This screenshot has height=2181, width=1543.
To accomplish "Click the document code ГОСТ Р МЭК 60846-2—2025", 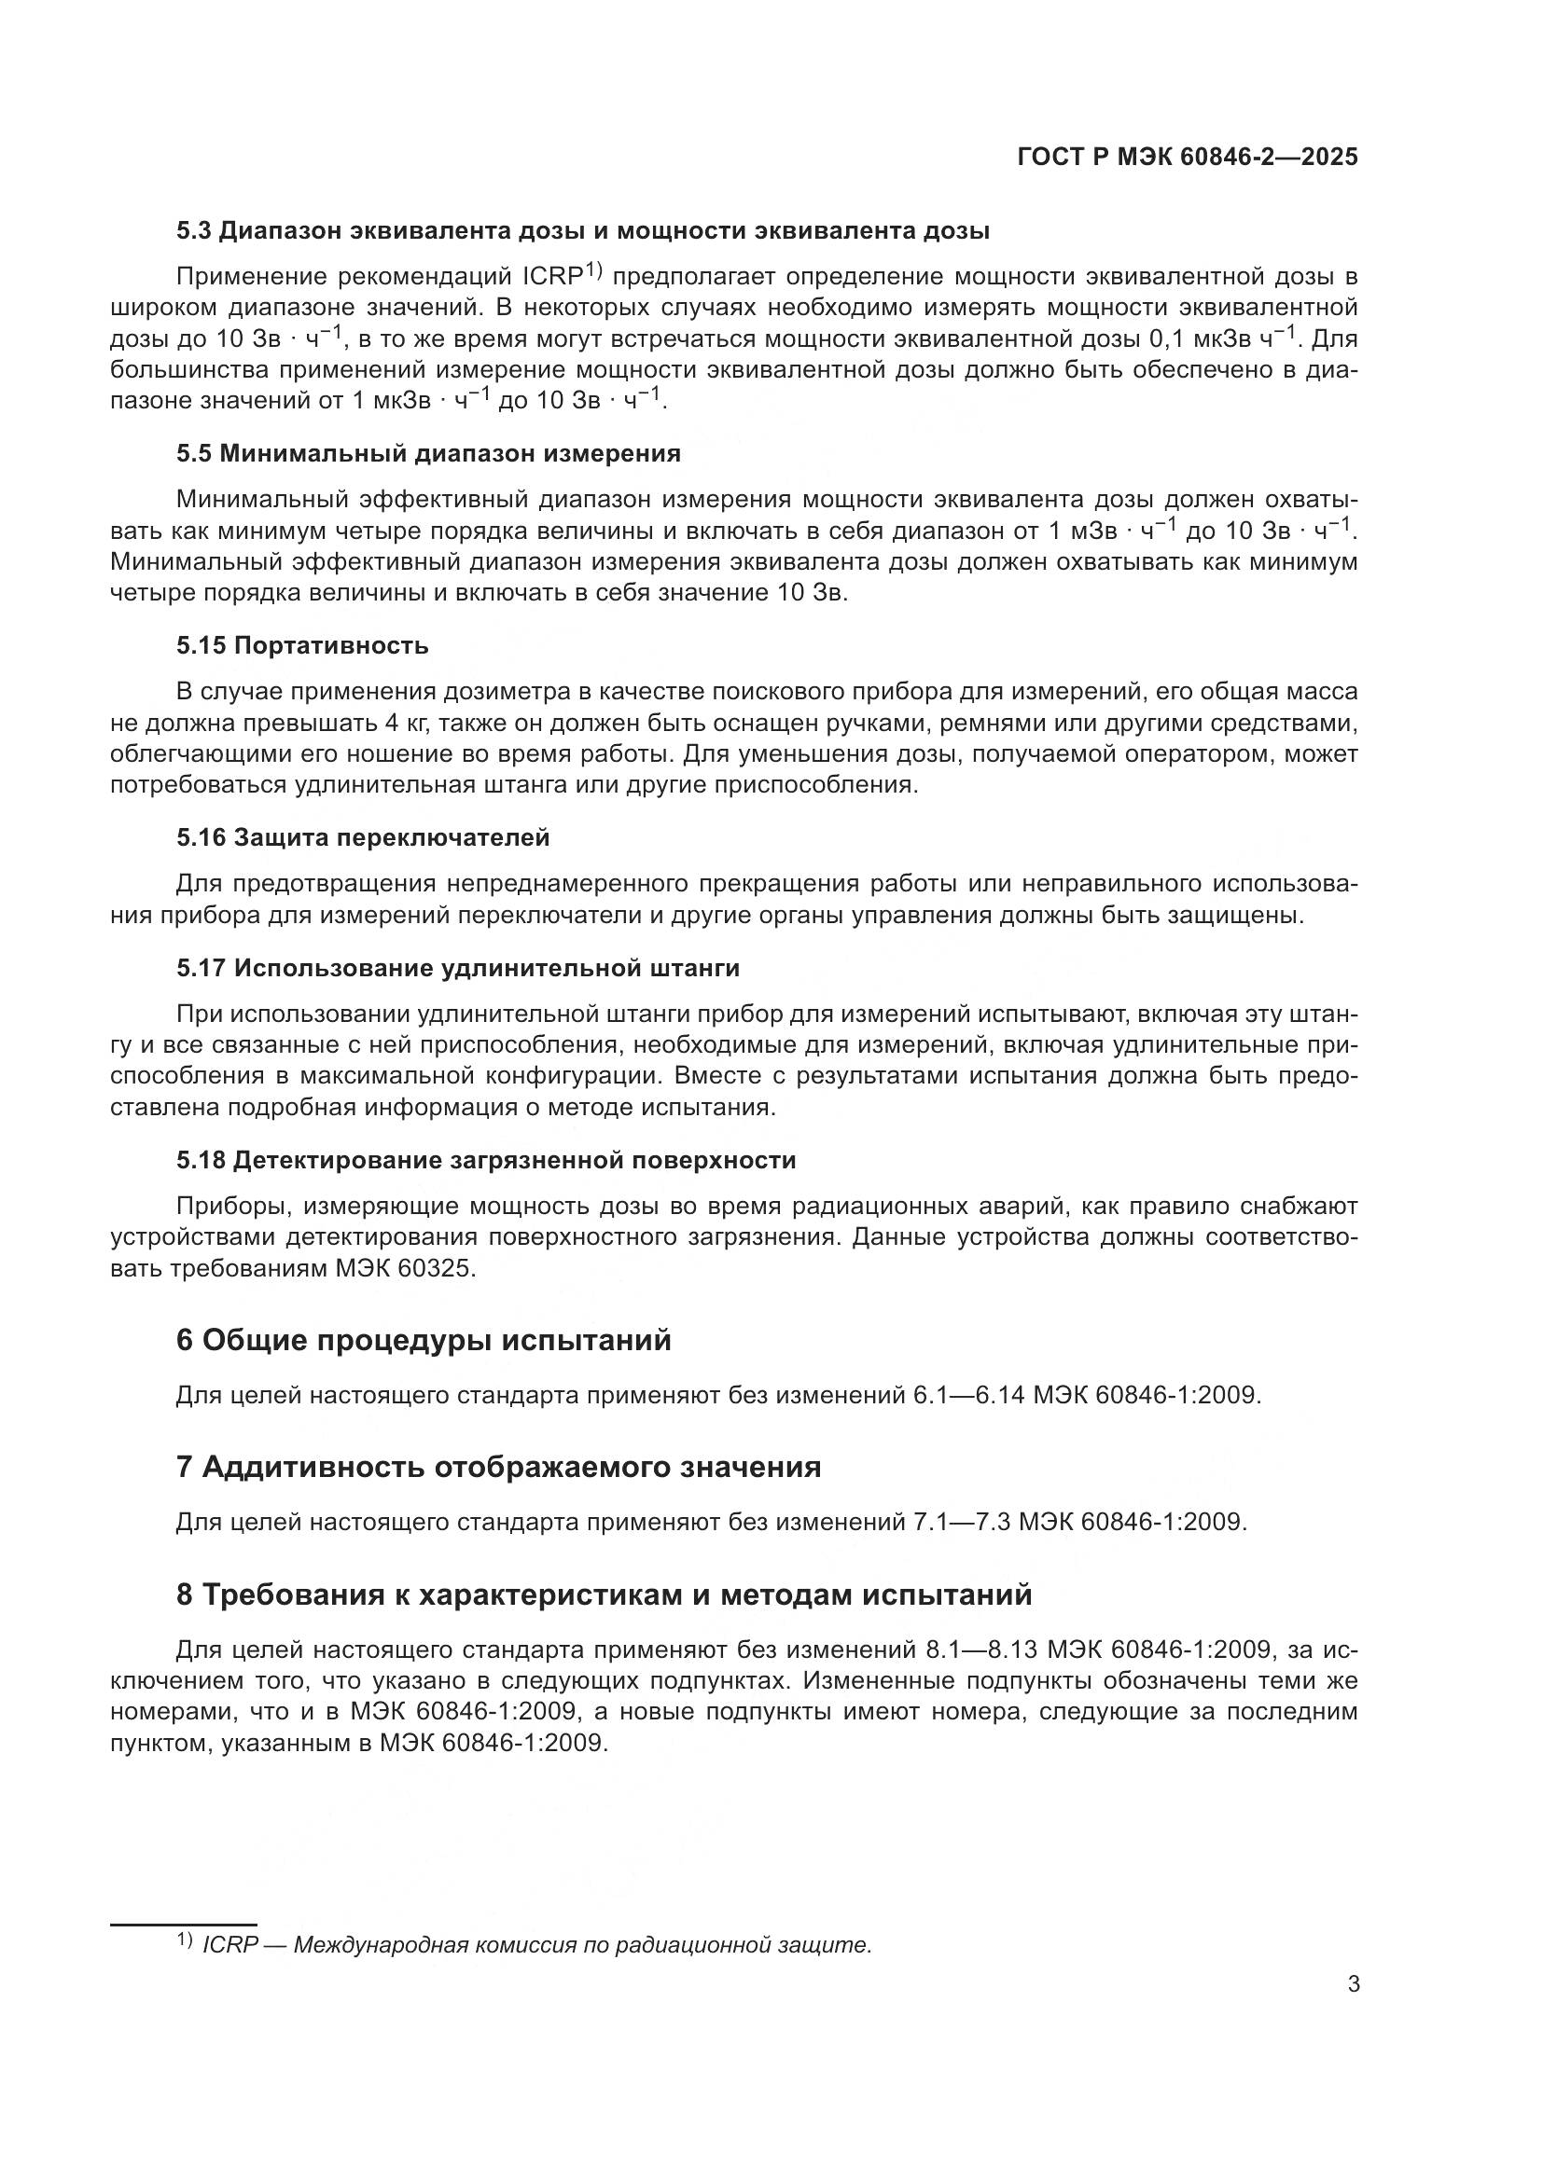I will [1187, 158].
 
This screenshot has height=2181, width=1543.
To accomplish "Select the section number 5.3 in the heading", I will [195, 231].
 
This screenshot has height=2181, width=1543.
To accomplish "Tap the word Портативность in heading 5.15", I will [331, 646].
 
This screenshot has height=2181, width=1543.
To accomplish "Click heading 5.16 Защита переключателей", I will [363, 838].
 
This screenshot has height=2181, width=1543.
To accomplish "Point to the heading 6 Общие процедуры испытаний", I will [424, 1340].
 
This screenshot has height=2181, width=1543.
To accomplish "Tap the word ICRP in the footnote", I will [229, 1945].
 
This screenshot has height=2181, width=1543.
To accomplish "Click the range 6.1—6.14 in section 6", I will [969, 1396].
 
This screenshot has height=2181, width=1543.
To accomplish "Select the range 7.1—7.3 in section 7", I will [962, 1522].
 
